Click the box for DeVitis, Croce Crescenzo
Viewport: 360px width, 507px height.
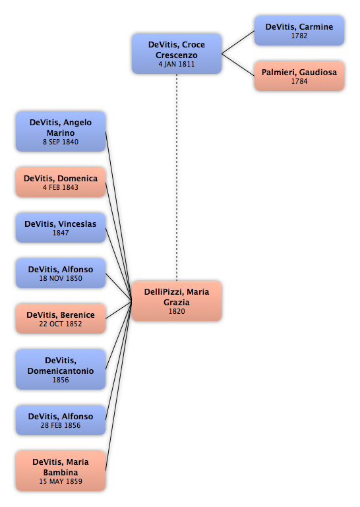(177, 53)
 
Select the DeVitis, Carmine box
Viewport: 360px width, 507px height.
(299, 31)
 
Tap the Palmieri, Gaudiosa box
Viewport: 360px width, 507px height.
(299, 76)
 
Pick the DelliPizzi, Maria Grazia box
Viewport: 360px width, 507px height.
(177, 301)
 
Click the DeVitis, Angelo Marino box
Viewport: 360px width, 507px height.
(61, 132)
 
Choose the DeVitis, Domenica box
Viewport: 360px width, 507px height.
(61, 183)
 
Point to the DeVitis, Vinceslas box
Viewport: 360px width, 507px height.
(61, 227)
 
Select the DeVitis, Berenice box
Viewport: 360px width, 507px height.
(61, 318)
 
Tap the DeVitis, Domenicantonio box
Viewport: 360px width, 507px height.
(61, 369)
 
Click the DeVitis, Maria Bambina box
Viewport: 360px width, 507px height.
(61, 471)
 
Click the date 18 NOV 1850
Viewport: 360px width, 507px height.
(61, 278)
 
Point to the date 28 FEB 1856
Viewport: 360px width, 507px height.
(61, 425)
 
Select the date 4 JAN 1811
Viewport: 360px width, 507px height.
(177, 64)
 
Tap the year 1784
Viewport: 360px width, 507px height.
(299, 81)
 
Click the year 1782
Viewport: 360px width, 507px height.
(299, 36)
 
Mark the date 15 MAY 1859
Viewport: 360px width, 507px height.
(61, 481)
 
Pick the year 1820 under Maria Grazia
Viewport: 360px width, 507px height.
(177, 311)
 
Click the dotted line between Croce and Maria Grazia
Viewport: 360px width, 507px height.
(177, 177)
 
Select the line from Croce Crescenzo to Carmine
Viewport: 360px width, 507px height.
(238, 42)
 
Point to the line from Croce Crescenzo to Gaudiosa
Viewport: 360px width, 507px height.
(238, 65)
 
